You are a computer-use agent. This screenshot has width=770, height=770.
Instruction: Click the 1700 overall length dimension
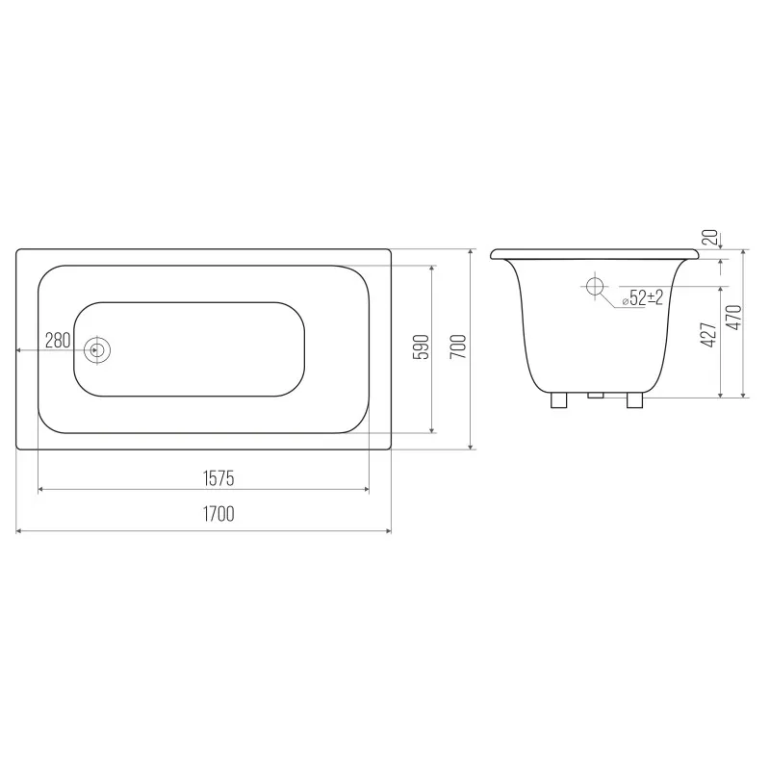click(x=218, y=514)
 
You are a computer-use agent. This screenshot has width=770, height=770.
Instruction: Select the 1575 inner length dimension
click(x=218, y=478)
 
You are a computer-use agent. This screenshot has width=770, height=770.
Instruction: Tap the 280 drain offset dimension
click(x=58, y=340)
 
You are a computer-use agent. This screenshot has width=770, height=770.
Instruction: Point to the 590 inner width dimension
click(x=422, y=346)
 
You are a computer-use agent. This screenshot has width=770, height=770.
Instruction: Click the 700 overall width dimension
click(x=458, y=346)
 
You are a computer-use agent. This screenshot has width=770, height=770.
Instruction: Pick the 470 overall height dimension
click(x=733, y=318)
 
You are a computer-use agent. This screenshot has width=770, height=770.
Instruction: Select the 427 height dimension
click(x=708, y=335)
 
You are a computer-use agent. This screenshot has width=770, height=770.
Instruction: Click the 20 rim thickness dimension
click(x=710, y=238)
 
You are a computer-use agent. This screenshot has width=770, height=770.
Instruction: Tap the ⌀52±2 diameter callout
click(x=643, y=297)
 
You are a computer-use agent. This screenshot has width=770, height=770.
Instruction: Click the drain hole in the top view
click(x=97, y=350)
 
